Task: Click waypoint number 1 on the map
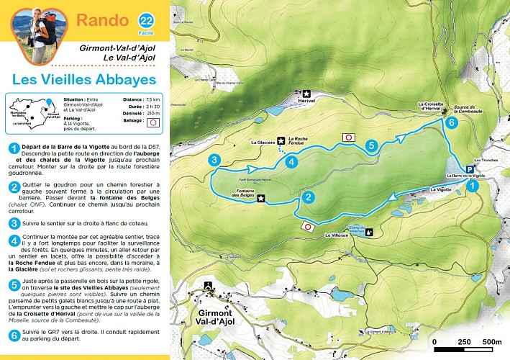pos(472,186)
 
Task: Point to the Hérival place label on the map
pos(307,102)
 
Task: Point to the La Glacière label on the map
pos(263,143)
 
